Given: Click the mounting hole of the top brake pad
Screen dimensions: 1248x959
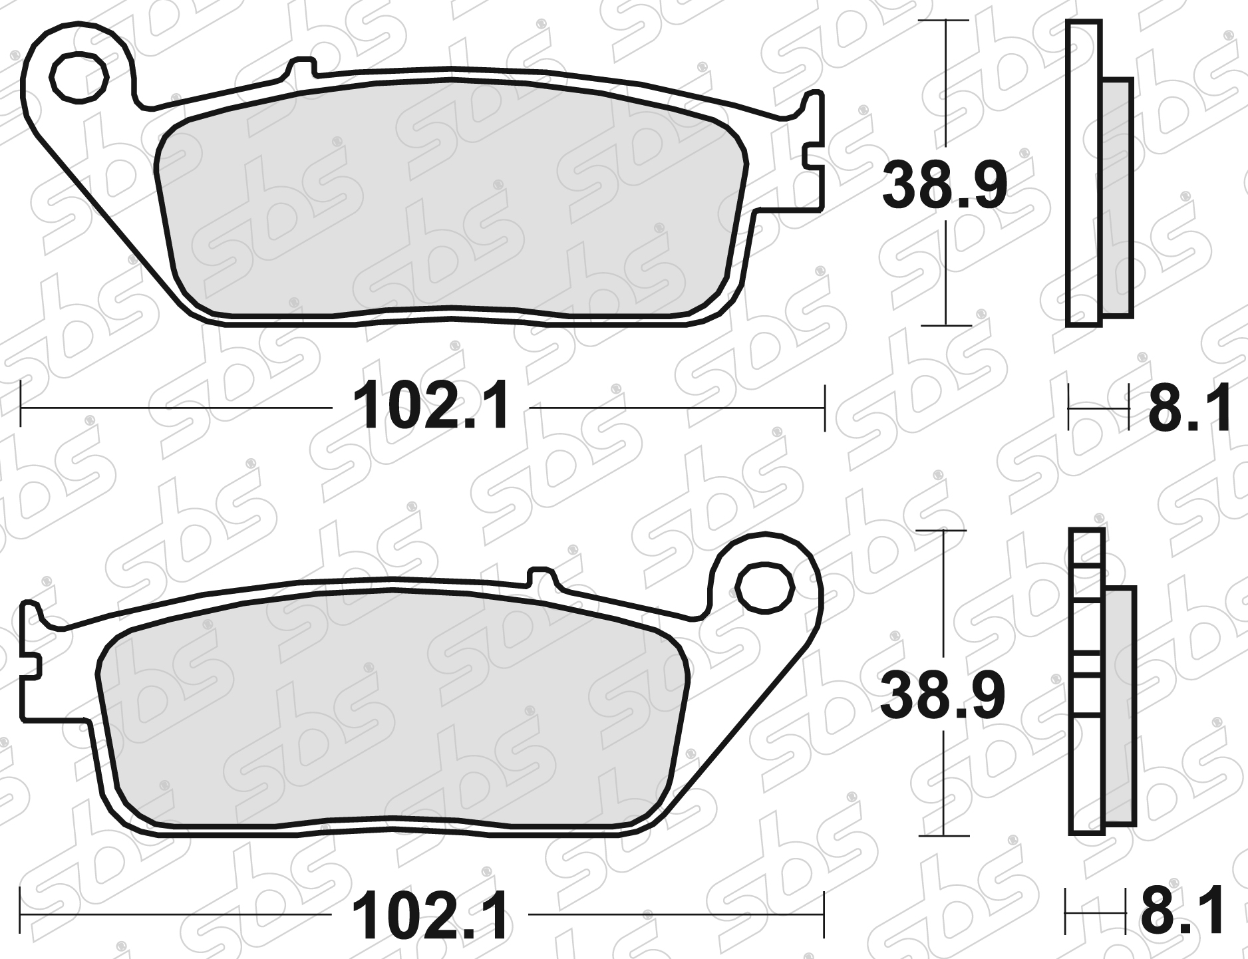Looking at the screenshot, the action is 79,79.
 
